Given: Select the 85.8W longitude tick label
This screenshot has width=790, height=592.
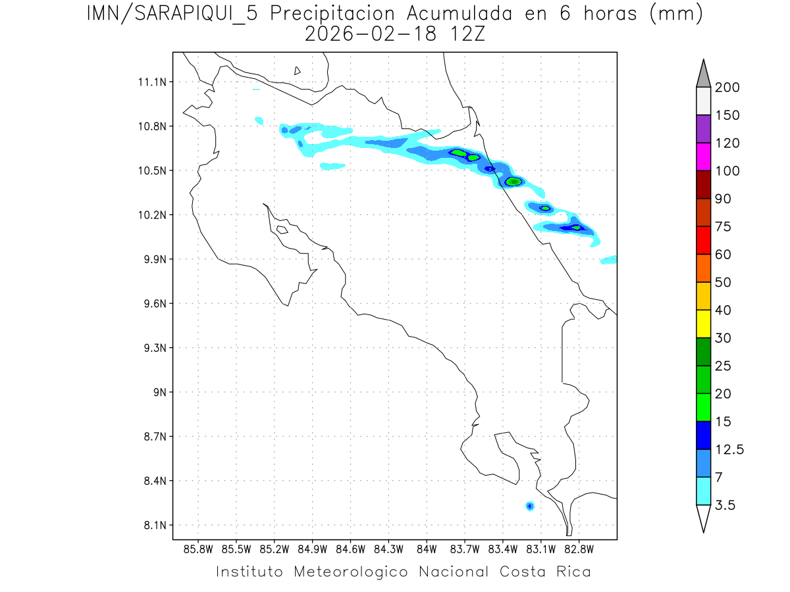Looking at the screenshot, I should (198, 549).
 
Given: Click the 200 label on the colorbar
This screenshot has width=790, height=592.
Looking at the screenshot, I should (727, 87).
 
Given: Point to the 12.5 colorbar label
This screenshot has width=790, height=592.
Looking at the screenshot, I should (729, 450).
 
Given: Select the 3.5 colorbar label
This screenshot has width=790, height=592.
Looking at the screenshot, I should (725, 505).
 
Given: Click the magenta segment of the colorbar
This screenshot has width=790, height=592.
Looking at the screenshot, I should (703, 157).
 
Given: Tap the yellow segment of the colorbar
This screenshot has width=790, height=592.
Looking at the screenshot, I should (703, 324).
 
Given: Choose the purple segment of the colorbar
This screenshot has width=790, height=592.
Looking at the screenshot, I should (703, 129).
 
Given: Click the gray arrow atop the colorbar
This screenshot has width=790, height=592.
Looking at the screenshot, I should (703, 74).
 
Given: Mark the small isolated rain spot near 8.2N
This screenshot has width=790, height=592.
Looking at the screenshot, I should (529, 506).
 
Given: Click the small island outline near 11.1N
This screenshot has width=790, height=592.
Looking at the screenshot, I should (298, 70).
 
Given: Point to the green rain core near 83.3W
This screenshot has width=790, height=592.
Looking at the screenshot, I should (514, 182).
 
